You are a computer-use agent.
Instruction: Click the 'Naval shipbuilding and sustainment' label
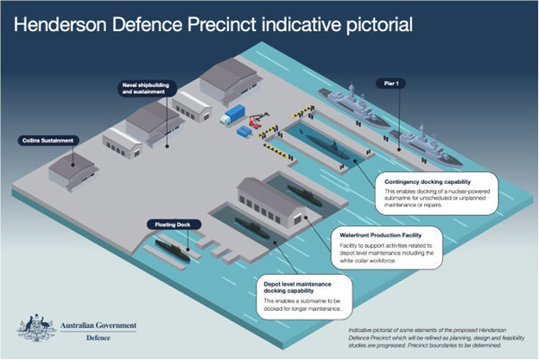pyautogui.click(x=146, y=88)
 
